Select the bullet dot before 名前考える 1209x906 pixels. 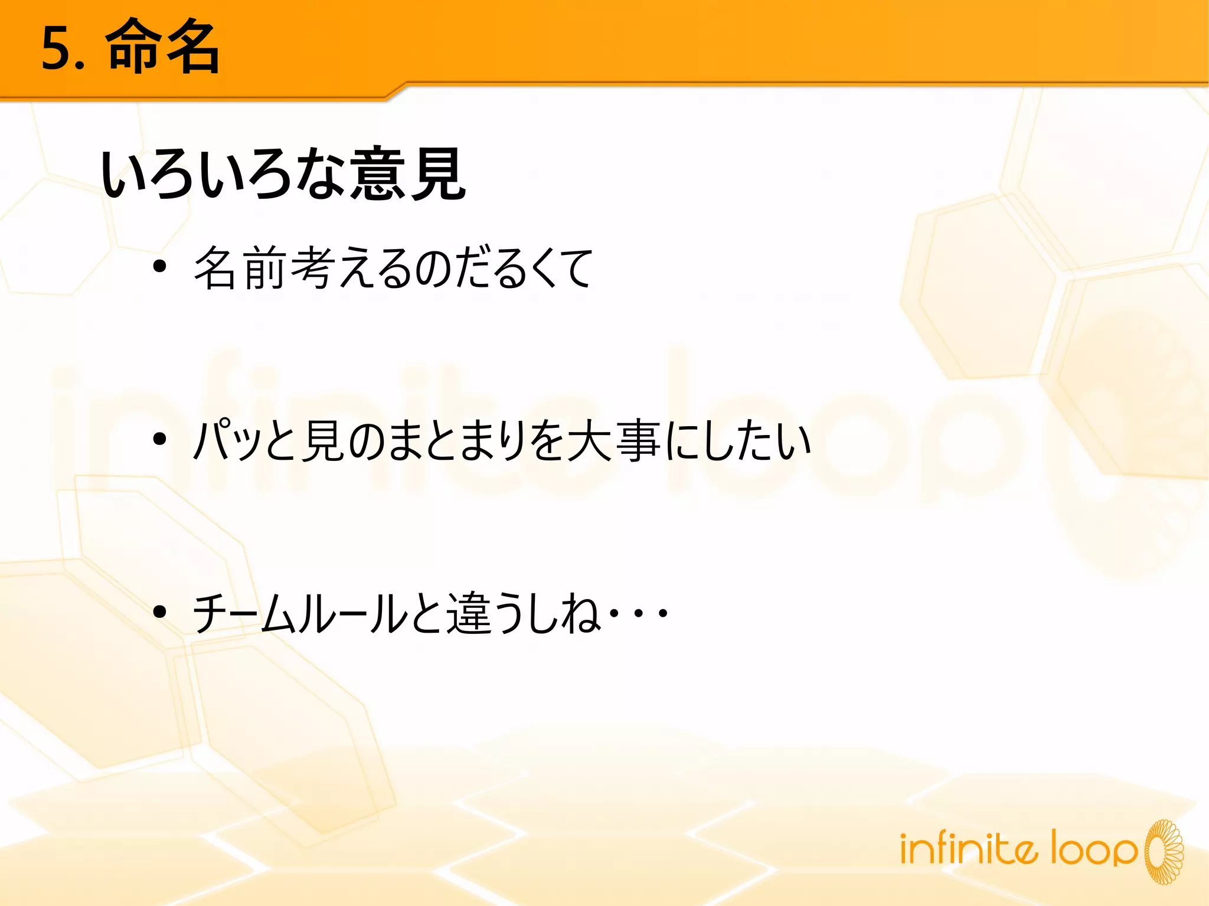(159, 267)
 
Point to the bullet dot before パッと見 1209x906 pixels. (159, 440)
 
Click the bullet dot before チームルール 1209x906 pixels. (159, 612)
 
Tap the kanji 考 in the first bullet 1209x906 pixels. (312, 269)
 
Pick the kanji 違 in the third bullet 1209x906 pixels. (468, 613)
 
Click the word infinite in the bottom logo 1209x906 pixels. (968, 848)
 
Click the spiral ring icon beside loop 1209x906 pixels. (1164, 851)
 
